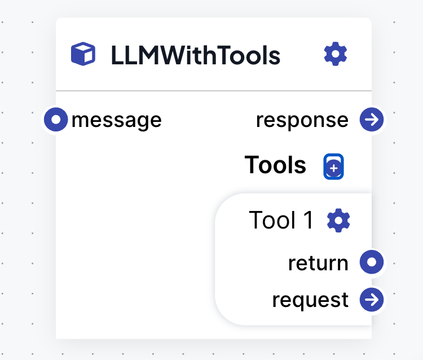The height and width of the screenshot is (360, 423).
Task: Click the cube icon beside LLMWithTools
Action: click(83, 54)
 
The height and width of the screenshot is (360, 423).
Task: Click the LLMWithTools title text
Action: click(195, 55)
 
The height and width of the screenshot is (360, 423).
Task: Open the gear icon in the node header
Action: click(336, 54)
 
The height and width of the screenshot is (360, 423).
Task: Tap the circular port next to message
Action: click(56, 120)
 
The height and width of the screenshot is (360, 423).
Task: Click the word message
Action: click(116, 120)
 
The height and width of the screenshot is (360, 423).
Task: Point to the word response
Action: click(302, 120)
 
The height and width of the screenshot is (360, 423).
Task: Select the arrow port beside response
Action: click(372, 120)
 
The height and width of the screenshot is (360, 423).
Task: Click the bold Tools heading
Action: click(275, 165)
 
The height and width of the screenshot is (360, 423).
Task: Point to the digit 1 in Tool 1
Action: click(309, 220)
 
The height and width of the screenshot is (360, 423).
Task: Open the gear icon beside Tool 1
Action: click(338, 220)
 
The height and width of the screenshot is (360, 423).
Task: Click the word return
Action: click(318, 263)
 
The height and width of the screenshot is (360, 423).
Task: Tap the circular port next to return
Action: click(372, 262)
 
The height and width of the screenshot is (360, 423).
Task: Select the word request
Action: click(310, 300)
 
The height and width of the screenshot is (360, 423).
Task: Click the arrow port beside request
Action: click(372, 300)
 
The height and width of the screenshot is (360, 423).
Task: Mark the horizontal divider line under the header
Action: click(214, 90)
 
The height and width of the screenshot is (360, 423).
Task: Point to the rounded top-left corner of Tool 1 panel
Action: click(222, 201)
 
